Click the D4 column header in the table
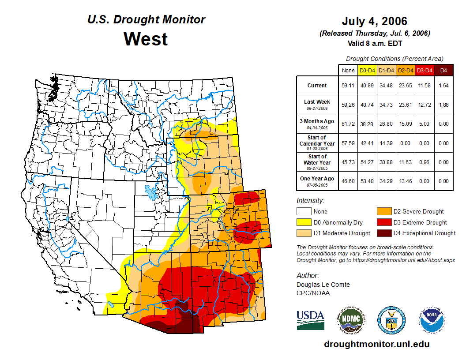pyautogui.click(x=443, y=70)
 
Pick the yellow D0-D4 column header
pyautogui.click(x=367, y=70)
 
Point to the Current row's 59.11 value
pyautogui.click(x=348, y=86)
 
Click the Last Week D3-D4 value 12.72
pyautogui.click(x=425, y=105)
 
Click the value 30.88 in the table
pyautogui.click(x=386, y=162)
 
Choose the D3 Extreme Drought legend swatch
pyautogui.click(x=383, y=222)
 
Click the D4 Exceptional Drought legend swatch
pyautogui.click(x=383, y=233)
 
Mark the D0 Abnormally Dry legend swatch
pyautogui.click(x=304, y=222)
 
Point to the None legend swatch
pyautogui.click(x=304, y=212)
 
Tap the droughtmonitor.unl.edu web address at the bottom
pyautogui.click(x=376, y=344)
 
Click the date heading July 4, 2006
pyautogui.click(x=374, y=21)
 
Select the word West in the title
pyautogui.click(x=146, y=39)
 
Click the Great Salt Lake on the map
pyautogui.click(x=150, y=192)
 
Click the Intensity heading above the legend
pyautogui.click(x=310, y=201)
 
